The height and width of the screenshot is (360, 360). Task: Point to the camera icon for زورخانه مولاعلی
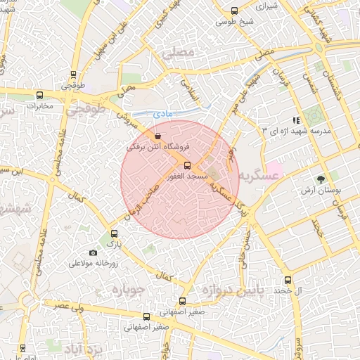coord(94,252)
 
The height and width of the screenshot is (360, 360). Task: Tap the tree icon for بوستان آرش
coord(321,179)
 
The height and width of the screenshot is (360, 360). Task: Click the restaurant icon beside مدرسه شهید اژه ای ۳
coord(295,120)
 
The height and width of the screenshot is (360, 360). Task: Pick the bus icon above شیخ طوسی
coord(234,11)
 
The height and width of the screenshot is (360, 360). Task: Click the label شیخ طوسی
coord(234,22)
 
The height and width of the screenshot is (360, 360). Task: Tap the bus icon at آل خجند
coord(287,281)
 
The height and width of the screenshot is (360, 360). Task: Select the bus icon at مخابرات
coord(39,95)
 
